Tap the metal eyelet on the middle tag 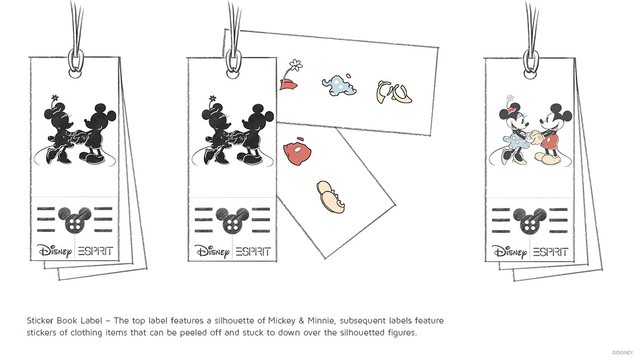point(233,62)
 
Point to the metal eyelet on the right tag point(531,62)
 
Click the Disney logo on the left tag point(54,251)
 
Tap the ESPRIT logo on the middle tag point(253,251)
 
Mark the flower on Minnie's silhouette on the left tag point(55,98)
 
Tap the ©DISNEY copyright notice point(622,353)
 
